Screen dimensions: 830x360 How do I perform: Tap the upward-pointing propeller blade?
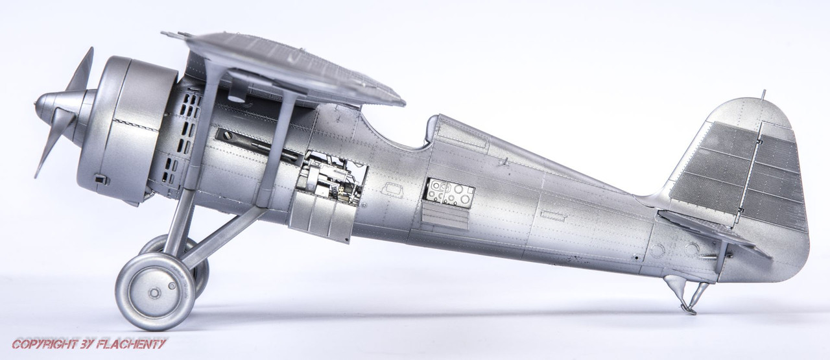pyautogui.click(x=82, y=71)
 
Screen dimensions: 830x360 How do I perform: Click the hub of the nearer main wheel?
pyautogui.click(x=154, y=293)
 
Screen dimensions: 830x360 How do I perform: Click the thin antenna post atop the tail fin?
pyautogui.click(x=764, y=95)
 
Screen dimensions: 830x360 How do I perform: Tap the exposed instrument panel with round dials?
pyautogui.click(x=450, y=192)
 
